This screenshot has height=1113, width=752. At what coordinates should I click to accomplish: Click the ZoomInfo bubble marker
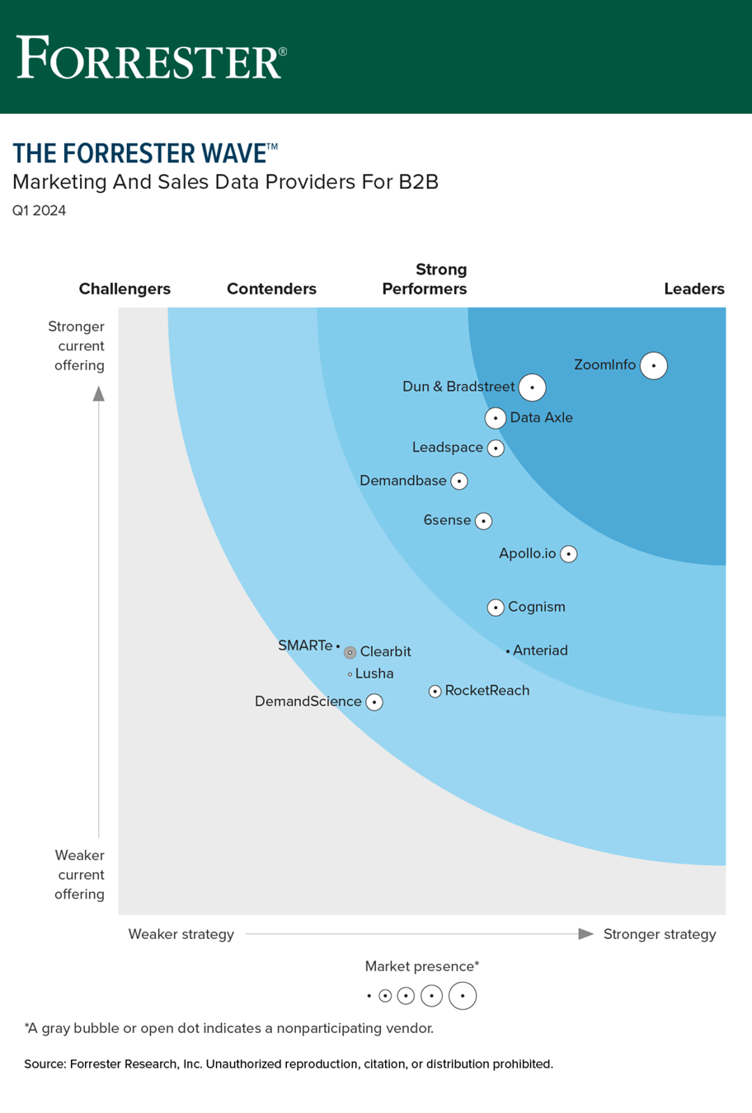point(654,365)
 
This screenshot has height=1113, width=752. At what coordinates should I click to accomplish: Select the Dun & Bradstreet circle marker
point(532,387)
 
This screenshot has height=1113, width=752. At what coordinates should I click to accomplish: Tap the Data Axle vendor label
point(541,418)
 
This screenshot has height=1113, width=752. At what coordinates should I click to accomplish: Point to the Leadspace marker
point(496,448)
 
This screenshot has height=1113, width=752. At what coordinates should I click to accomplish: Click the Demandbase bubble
point(459,481)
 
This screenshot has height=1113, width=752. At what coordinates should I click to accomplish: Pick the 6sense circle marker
point(484,521)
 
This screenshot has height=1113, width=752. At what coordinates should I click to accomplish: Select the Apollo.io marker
point(568,554)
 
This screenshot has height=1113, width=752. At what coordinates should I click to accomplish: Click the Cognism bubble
point(496,608)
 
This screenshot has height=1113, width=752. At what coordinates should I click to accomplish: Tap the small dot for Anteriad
point(507,651)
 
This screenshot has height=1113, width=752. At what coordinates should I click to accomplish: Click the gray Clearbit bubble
point(350,652)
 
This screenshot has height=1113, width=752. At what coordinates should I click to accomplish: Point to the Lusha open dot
point(350,674)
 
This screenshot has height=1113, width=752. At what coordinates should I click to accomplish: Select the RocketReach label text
point(486,691)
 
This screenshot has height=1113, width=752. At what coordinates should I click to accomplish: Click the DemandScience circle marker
point(374,702)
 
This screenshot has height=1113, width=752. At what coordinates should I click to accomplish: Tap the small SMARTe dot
point(338,646)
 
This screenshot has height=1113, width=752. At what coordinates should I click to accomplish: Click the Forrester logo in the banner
point(152,57)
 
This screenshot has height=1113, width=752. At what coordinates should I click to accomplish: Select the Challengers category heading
point(125,289)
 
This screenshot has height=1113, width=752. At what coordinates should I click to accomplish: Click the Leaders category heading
point(694,289)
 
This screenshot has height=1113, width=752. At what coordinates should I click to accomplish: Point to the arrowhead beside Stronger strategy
point(586,934)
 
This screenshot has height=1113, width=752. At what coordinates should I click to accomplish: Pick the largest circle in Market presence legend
point(463,996)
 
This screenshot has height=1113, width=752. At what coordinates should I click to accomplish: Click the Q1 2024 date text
point(39,211)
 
